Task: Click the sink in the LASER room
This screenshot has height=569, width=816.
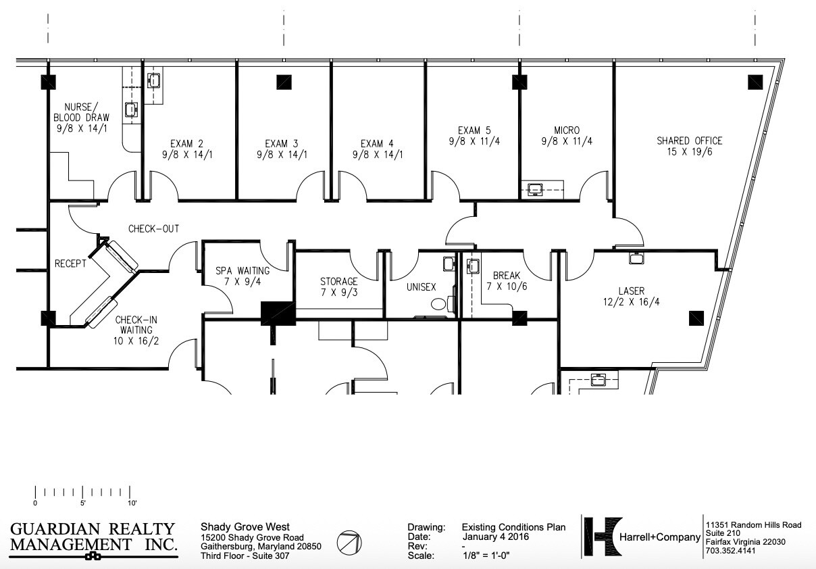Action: click(x=636, y=258)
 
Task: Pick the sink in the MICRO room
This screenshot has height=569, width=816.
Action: click(x=536, y=189)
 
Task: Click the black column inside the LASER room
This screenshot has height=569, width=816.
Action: click(x=696, y=318)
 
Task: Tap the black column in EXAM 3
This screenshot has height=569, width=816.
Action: click(x=284, y=82)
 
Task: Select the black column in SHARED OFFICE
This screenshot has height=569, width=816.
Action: click(x=755, y=82)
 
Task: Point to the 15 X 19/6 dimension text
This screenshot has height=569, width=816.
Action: click(x=689, y=152)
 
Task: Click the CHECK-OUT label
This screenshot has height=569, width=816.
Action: click(x=154, y=228)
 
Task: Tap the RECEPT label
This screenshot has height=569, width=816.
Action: click(x=70, y=264)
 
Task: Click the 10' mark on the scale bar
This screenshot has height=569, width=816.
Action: click(x=132, y=503)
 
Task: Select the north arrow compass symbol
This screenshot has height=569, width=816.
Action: click(x=349, y=542)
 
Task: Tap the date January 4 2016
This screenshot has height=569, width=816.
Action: click(x=495, y=537)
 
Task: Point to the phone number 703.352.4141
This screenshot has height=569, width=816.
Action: click(x=730, y=551)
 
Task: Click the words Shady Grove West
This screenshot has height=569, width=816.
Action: click(x=245, y=527)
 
